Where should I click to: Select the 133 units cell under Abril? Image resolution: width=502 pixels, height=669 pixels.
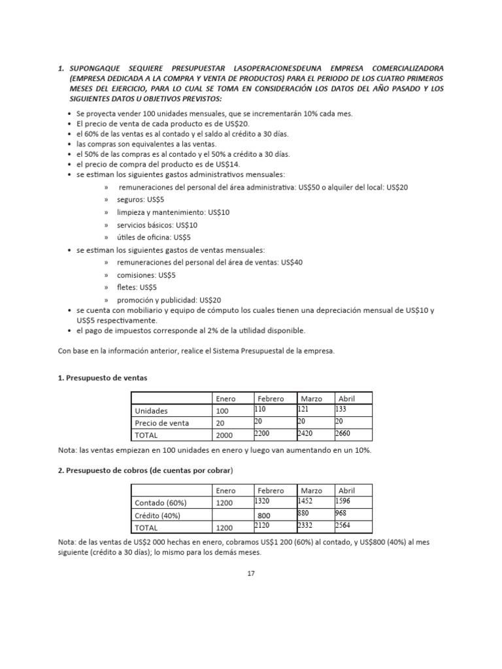(x=341, y=408)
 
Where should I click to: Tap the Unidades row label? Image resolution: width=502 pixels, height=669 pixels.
(x=151, y=411)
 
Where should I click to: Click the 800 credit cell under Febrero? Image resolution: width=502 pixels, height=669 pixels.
(x=263, y=515)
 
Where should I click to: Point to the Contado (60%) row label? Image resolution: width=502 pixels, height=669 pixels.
(x=160, y=503)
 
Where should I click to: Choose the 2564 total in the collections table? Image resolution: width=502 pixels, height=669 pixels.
(x=343, y=524)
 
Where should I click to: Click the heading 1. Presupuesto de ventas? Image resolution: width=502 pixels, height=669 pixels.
(x=103, y=377)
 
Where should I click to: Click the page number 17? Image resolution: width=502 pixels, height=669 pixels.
(x=250, y=573)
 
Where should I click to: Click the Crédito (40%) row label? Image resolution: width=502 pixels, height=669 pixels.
(x=158, y=515)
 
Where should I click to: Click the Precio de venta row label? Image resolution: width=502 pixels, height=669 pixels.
(x=161, y=423)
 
